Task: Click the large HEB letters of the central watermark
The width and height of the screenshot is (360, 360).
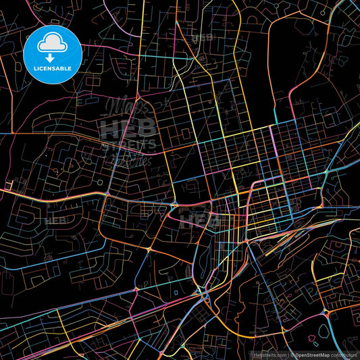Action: pyautogui.click(x=128, y=128)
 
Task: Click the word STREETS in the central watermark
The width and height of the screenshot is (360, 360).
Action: pyautogui.click(x=128, y=144)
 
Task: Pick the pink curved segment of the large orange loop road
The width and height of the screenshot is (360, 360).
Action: pyautogui.click(x=291, y=101)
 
